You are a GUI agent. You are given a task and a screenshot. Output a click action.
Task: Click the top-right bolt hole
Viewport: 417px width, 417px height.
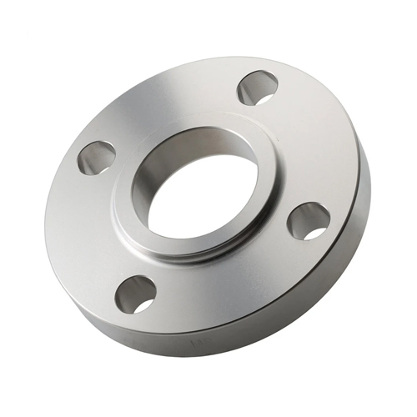point(257,88)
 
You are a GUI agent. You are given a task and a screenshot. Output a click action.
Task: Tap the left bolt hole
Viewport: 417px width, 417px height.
point(97,157)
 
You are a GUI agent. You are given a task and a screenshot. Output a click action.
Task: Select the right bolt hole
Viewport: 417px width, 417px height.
point(309,221)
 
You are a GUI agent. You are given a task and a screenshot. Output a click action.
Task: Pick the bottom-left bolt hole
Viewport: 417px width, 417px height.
point(135,294)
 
